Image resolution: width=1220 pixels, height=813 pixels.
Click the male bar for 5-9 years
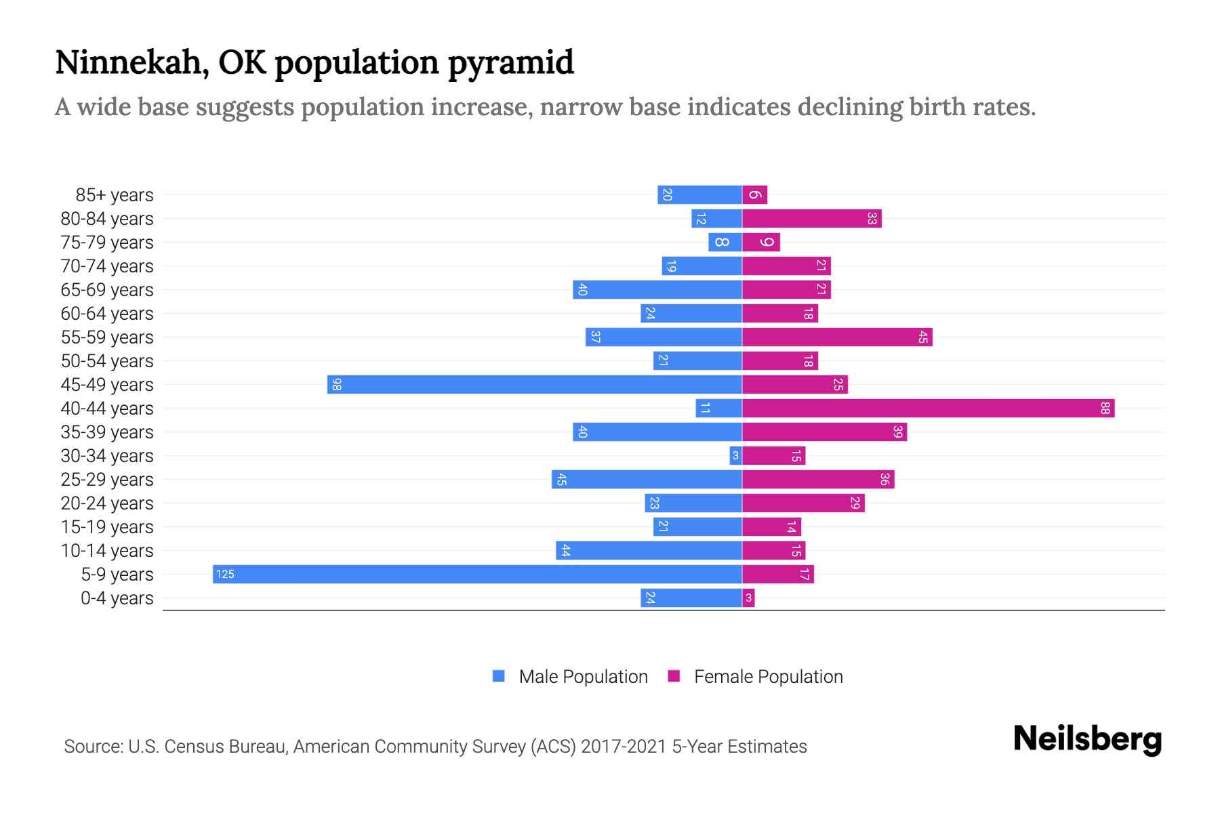477,575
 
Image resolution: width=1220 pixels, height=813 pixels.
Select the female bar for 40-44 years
928,409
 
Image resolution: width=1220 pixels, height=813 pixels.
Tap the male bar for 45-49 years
534,385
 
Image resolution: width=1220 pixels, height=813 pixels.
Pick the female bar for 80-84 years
811,219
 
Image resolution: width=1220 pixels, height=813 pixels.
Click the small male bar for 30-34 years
735,456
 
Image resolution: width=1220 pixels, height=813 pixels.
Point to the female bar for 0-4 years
748,598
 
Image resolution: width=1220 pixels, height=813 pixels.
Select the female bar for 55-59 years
837,337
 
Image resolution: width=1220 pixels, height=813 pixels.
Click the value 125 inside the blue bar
224,575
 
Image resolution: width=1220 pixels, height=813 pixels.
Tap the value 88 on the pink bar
1105,409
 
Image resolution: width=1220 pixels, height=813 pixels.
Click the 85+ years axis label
114,195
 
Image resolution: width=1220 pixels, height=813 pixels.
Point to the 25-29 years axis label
107,480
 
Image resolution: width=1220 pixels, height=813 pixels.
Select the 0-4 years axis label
117,598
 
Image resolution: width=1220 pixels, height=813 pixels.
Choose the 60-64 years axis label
107,314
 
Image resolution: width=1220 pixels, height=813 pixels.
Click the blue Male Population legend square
499,676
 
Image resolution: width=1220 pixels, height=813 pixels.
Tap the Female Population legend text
768,677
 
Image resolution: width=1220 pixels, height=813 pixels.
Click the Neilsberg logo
1087,739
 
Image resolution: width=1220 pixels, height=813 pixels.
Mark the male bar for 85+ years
699,195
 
